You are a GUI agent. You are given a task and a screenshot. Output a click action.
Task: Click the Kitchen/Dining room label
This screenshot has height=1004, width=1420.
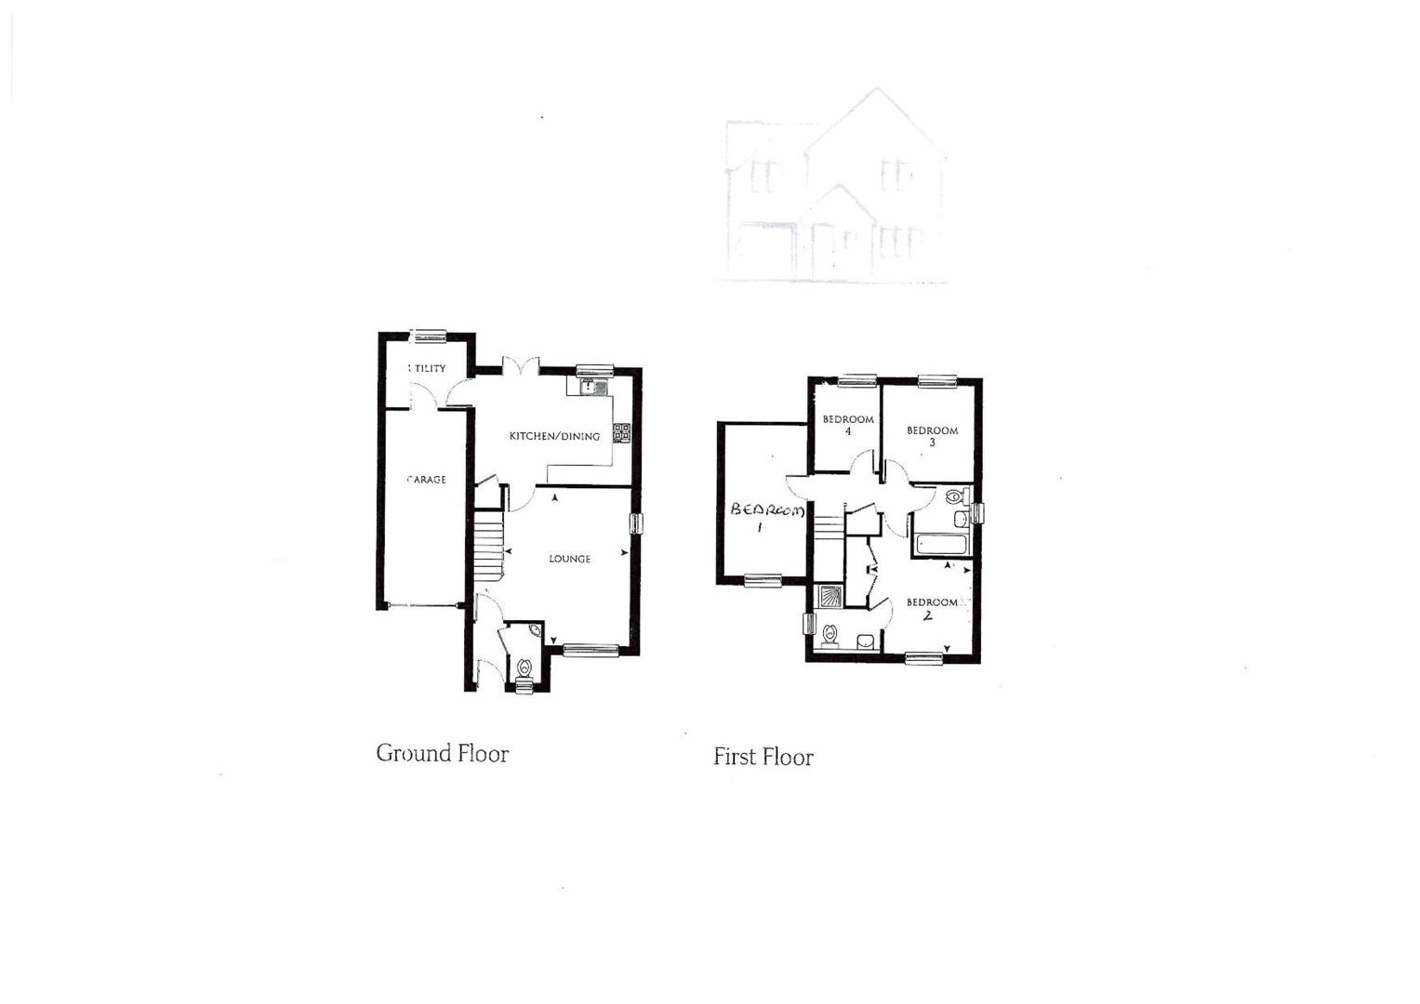(554, 436)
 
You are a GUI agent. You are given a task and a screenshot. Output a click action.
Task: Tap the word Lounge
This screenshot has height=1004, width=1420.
(569, 559)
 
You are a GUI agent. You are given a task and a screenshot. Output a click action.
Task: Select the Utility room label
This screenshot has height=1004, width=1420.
(428, 368)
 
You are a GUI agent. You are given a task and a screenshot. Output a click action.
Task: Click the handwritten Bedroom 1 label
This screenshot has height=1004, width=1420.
(764, 516)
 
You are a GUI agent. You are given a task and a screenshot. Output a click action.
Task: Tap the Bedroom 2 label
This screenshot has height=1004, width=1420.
(932, 608)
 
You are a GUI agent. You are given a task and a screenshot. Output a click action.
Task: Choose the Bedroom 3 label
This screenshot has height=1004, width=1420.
(932, 436)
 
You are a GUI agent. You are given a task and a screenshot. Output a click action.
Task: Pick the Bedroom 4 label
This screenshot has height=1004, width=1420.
(848, 425)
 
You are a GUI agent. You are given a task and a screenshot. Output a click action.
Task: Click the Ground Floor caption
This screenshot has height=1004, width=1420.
(442, 753)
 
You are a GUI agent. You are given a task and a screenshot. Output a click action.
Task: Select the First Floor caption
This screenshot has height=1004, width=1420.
(763, 757)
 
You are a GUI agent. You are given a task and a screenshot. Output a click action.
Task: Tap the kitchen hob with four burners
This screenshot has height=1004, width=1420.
(620, 433)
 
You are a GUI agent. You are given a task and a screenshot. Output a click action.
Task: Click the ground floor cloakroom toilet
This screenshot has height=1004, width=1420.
(524, 667)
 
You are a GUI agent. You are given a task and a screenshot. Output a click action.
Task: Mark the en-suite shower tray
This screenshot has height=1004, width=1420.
(828, 596)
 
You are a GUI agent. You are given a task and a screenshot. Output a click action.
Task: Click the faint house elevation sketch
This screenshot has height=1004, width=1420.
(835, 188)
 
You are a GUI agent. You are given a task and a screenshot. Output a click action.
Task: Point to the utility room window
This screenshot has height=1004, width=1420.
(429, 336)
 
